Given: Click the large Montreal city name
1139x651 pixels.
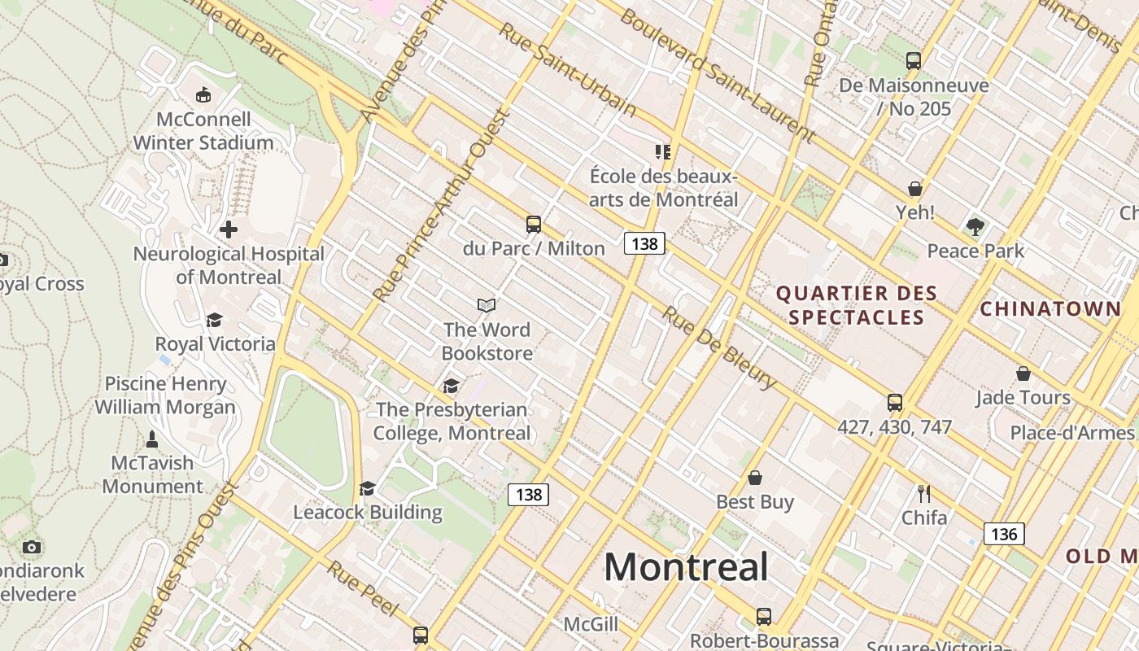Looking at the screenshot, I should [686, 566].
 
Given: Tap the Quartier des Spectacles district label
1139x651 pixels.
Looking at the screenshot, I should [857, 305].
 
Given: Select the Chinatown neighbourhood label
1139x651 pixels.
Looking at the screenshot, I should [1050, 308].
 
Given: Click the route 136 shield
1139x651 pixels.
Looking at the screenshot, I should [1004, 534].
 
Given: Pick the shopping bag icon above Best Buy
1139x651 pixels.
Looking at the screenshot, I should [755, 478].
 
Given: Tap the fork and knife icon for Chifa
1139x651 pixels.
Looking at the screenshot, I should [923, 494].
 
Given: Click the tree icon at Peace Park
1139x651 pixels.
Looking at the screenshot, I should [975, 227].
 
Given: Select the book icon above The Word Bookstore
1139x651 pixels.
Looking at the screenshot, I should [487, 305].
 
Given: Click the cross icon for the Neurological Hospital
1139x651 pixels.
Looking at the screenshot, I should [229, 229].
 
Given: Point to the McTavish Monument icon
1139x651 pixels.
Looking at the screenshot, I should [152, 439].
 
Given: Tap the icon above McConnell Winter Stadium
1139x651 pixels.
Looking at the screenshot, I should [203, 95].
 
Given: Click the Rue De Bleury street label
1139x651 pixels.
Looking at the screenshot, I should [718, 347].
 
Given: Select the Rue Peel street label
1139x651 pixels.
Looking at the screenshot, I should [363, 588].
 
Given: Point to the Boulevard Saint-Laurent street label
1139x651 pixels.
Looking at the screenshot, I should [718, 74].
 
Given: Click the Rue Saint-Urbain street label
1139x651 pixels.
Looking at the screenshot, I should [567, 68].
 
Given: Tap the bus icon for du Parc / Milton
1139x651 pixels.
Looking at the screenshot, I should [534, 225].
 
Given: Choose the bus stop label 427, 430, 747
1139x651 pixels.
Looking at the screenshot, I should [894, 426].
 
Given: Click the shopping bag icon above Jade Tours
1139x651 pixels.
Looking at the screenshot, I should [1023, 374].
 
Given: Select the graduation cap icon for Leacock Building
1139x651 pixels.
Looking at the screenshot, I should [368, 488].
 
